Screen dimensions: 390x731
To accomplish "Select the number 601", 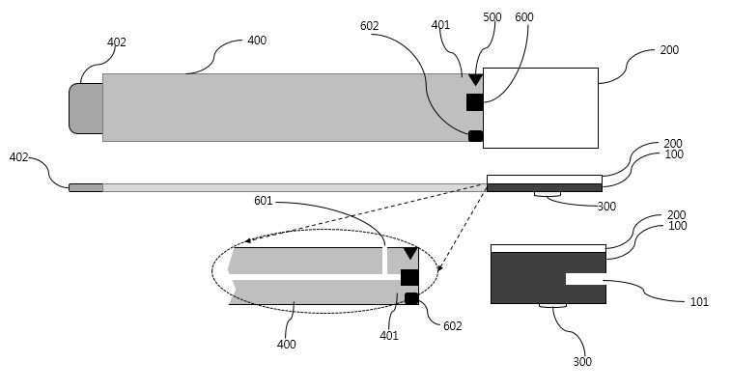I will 263,201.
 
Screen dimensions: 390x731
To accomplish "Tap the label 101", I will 699,302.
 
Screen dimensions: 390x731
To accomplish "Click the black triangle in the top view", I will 475,79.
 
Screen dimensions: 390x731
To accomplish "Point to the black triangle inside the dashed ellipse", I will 410,253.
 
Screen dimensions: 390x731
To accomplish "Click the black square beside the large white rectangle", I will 474,101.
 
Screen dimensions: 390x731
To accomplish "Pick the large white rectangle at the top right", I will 540,107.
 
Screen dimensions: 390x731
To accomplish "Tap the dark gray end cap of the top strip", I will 86,108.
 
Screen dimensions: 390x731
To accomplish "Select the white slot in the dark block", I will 585,279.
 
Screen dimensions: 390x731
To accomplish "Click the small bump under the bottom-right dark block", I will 552,306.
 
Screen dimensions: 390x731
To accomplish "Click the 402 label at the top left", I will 116,42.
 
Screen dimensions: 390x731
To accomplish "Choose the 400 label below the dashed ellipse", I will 287,344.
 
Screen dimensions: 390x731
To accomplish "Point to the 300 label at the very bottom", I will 581,362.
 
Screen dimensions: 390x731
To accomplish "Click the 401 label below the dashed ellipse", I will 388,336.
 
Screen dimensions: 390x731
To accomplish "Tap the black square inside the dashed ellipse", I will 409,277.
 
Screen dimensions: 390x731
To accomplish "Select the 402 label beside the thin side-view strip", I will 18,156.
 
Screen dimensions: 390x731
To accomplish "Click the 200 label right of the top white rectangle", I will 668,48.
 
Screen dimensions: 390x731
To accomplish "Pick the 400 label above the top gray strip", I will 257,41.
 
